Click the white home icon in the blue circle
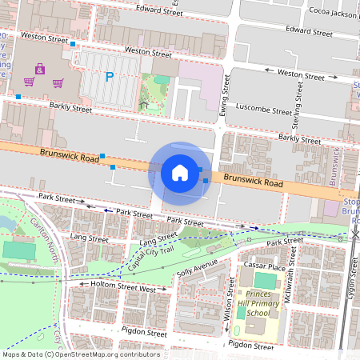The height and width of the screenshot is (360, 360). (x=180, y=172)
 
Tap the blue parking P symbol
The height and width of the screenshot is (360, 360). (x=109, y=77)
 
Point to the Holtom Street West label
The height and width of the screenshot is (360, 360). (x=123, y=286)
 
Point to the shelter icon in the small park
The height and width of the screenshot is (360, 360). (x=143, y=104)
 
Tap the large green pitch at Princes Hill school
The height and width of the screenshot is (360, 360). (x=264, y=280)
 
